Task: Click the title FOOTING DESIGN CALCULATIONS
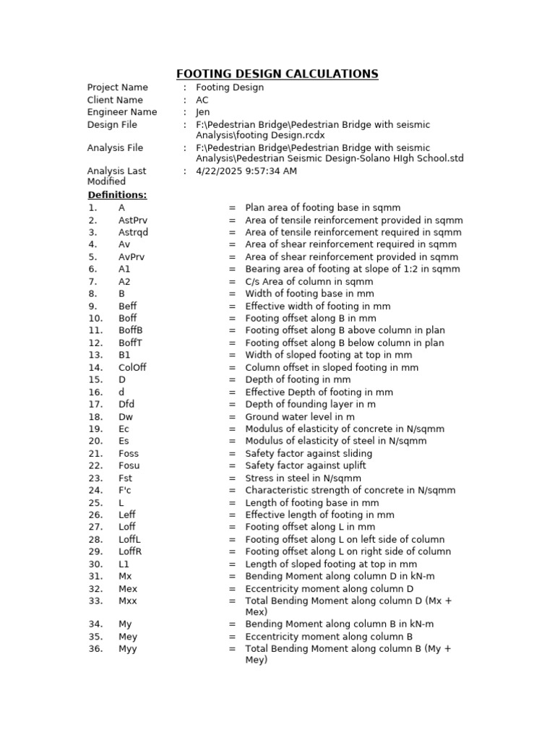pyautogui.click(x=277, y=74)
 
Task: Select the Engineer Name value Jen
pyautogui.click(x=203, y=112)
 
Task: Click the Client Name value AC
pyautogui.click(x=202, y=100)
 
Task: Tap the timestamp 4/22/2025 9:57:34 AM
pyautogui.click(x=246, y=171)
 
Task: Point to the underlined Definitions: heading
pyautogui.click(x=117, y=195)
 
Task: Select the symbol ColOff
pyautogui.click(x=132, y=367)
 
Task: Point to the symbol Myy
pyautogui.click(x=127, y=649)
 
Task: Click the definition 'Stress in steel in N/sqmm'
pyautogui.click(x=303, y=478)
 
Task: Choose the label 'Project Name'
pyautogui.click(x=117, y=87)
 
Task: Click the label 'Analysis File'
pyautogui.click(x=115, y=148)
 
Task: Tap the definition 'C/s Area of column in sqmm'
pyautogui.click(x=309, y=282)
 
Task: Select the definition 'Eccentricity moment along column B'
pyautogui.click(x=329, y=637)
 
